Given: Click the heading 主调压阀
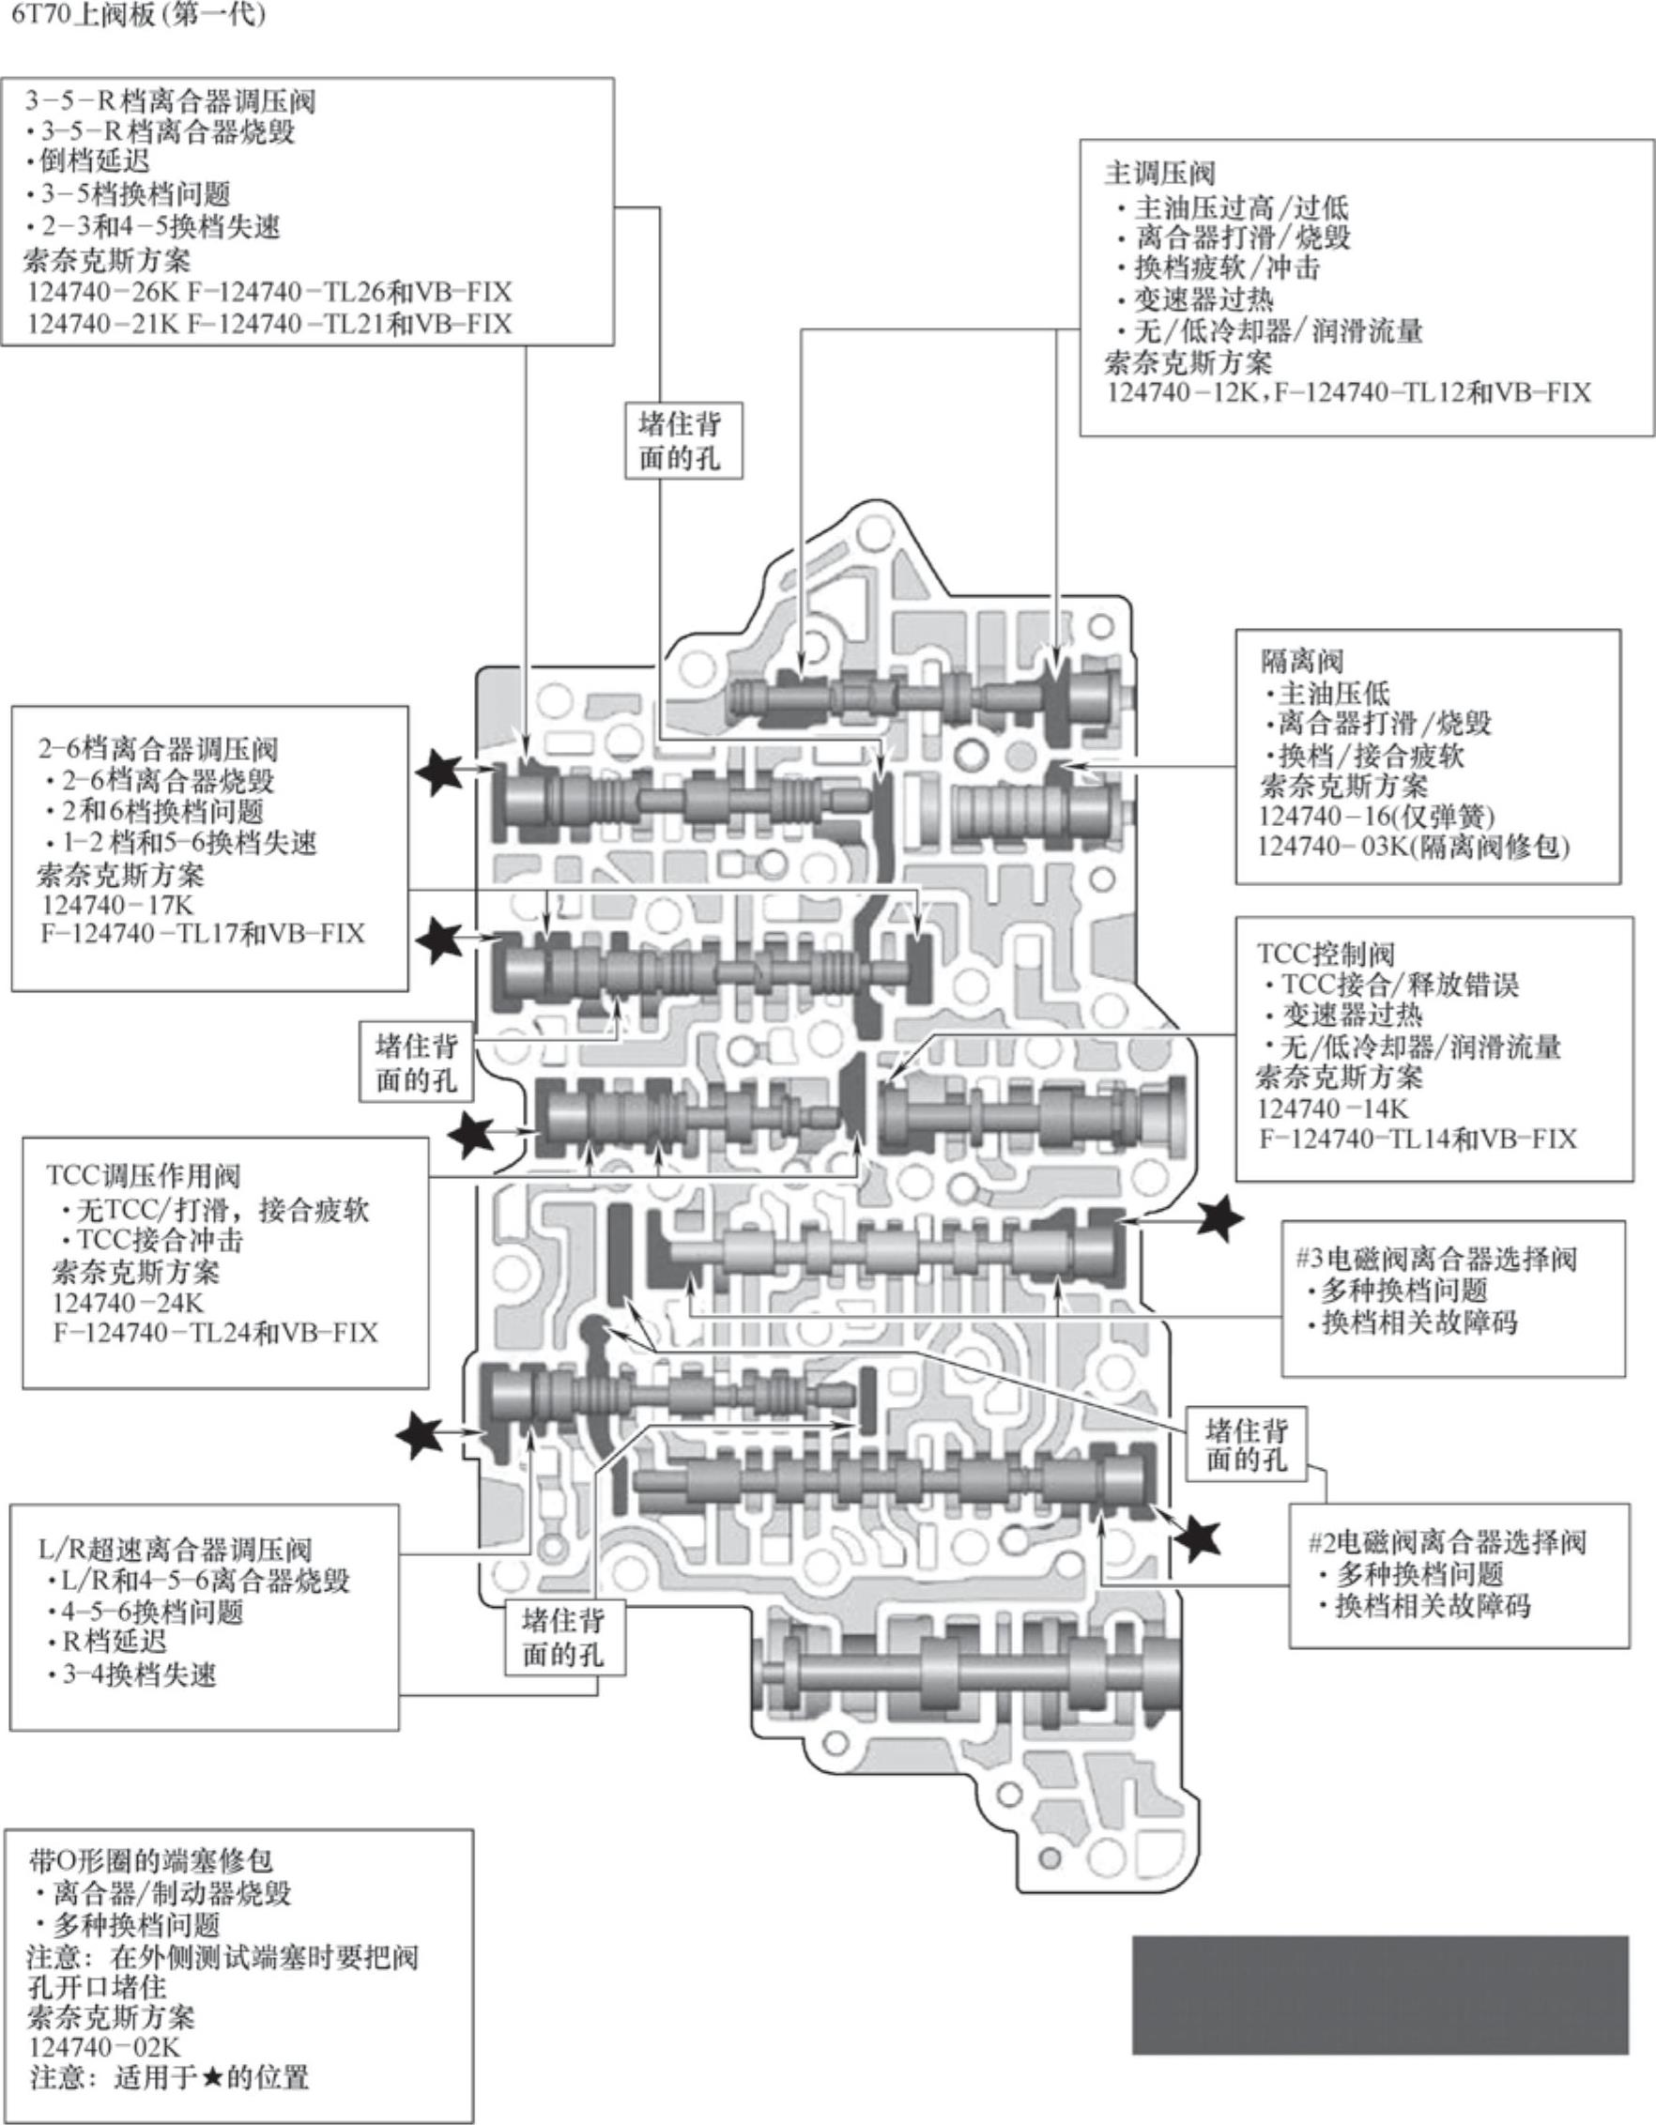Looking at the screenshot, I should (x=1159, y=174).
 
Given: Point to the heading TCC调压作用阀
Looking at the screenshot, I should (x=143, y=1175).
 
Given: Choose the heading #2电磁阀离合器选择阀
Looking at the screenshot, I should (x=1448, y=1541).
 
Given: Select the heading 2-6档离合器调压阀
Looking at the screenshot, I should (x=158, y=749).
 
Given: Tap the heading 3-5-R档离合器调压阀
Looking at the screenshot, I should (x=170, y=100).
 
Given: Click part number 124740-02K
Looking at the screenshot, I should (x=105, y=2047).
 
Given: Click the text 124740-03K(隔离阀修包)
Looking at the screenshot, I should (x=1414, y=847).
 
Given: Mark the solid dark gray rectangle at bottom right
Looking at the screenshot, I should (x=1380, y=1995).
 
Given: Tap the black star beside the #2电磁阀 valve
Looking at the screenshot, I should (x=1198, y=1538).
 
